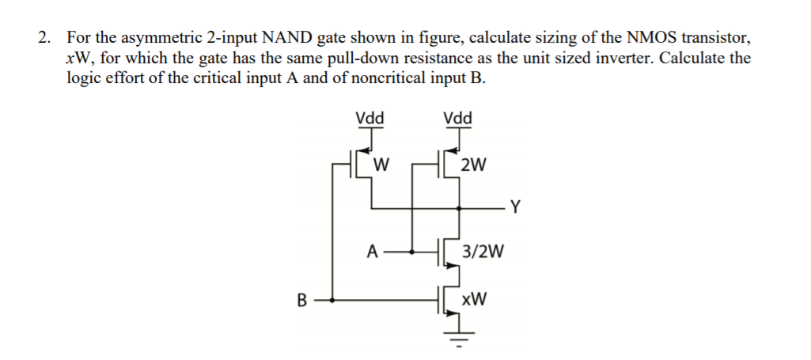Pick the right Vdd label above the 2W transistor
click(x=457, y=119)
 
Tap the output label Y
click(x=515, y=209)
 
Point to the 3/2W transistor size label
click(x=482, y=252)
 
